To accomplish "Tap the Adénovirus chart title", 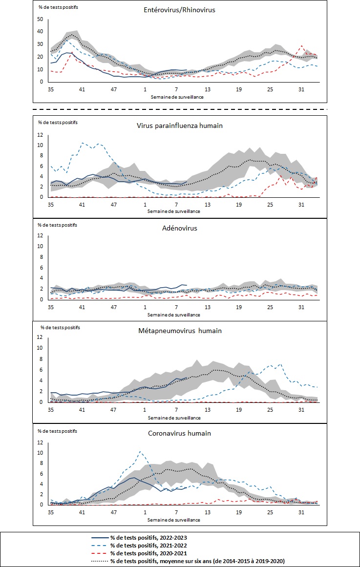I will tap(180, 228).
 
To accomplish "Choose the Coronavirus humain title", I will tap(180, 433).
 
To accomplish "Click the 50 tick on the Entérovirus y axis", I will tap(41, 20).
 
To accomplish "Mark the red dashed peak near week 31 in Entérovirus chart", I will tap(302, 46).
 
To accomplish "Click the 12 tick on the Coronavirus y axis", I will tap(41, 442).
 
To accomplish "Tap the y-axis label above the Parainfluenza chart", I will tap(58, 122).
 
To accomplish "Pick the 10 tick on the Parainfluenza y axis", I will tap(41, 145).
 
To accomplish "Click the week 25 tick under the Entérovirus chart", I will tap(270, 89).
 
